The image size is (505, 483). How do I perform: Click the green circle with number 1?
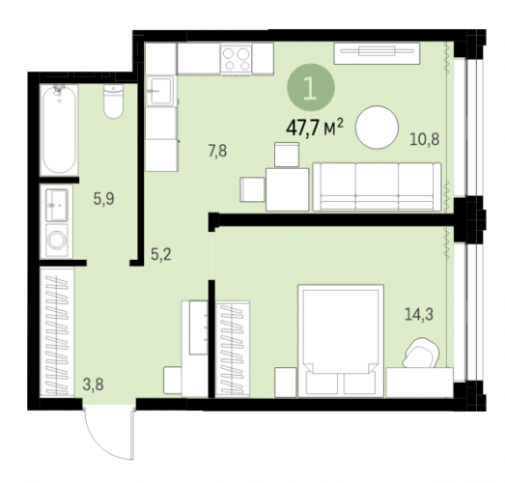pos(311,87)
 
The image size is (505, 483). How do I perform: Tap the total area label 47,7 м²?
pos(315,128)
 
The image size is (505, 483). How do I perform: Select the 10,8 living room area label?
pos(425,139)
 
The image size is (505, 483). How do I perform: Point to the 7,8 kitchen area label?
pos(217,151)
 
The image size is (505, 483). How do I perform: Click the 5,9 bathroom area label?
pos(103,199)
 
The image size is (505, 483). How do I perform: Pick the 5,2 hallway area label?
pos(161,255)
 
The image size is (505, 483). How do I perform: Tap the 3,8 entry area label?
pos(93,384)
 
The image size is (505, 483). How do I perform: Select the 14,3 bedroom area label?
pos(419,315)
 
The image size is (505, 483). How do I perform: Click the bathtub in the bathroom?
pos(59,129)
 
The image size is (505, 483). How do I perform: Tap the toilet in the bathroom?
pos(113,101)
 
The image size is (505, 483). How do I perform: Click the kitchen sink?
pos(159,91)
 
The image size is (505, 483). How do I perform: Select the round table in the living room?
pos(378,128)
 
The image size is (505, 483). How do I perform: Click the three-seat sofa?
pos(378,186)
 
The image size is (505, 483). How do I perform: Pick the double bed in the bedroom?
pos(341,341)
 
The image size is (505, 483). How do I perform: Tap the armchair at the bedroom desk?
pos(421,353)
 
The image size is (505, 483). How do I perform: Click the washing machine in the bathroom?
pos(57,240)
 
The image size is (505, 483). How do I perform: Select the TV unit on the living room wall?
pos(377,53)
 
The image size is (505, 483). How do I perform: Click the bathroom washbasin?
pos(57,205)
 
